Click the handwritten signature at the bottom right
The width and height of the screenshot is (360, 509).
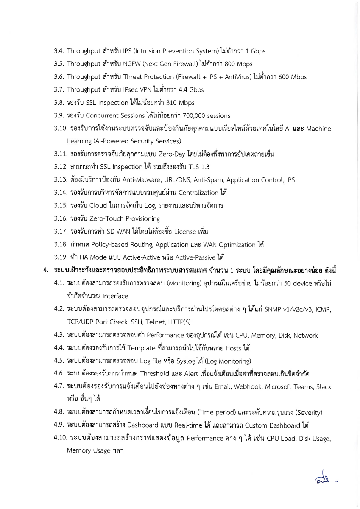[326, 478]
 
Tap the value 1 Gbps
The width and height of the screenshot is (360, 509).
[256, 51]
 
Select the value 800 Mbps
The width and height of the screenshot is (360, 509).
[237, 64]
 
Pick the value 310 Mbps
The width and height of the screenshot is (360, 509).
[180, 103]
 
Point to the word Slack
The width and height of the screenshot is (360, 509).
[323, 387]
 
